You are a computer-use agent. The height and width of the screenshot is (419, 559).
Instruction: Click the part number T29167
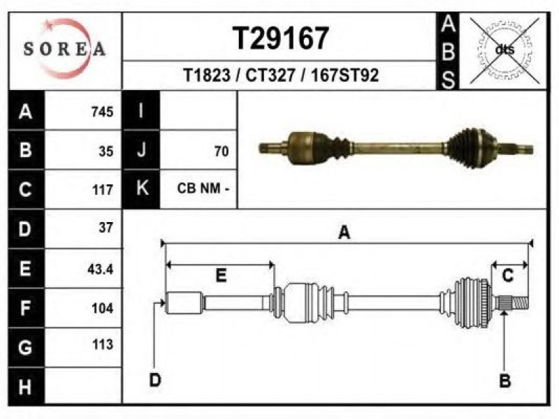tap(281, 38)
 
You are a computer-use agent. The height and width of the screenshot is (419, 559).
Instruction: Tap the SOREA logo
tap(65, 48)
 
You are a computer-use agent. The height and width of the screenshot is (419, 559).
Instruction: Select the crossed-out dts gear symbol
tap(504, 50)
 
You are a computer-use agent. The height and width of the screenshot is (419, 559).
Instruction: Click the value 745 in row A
tap(102, 112)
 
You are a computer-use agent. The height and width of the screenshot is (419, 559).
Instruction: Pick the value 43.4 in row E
tap(100, 269)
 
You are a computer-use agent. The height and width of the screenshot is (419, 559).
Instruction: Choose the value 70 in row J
tap(221, 152)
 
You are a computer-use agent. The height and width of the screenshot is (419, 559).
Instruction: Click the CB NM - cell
tap(203, 188)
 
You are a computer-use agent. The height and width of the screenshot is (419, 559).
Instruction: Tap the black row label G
tap(26, 347)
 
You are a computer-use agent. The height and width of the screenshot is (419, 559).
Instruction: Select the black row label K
tap(142, 189)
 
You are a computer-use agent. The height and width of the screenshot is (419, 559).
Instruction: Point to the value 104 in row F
tap(102, 308)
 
